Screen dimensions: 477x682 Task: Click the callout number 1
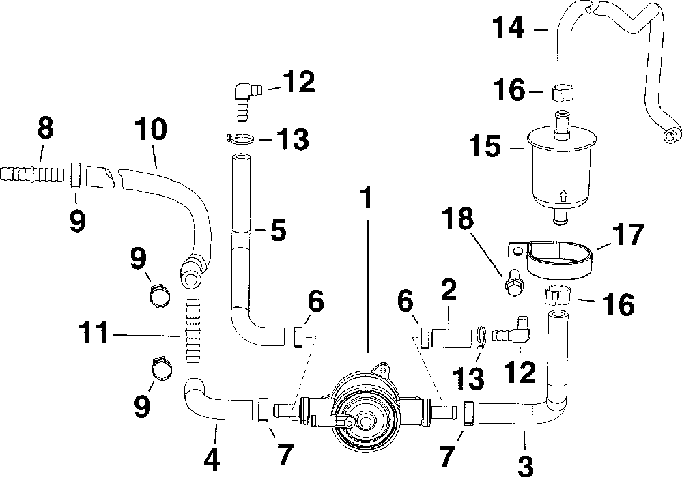click(367, 199)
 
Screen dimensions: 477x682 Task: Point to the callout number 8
click(45, 128)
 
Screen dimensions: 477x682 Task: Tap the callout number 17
click(628, 235)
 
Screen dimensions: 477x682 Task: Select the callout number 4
click(213, 459)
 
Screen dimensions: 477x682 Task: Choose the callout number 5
click(278, 230)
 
